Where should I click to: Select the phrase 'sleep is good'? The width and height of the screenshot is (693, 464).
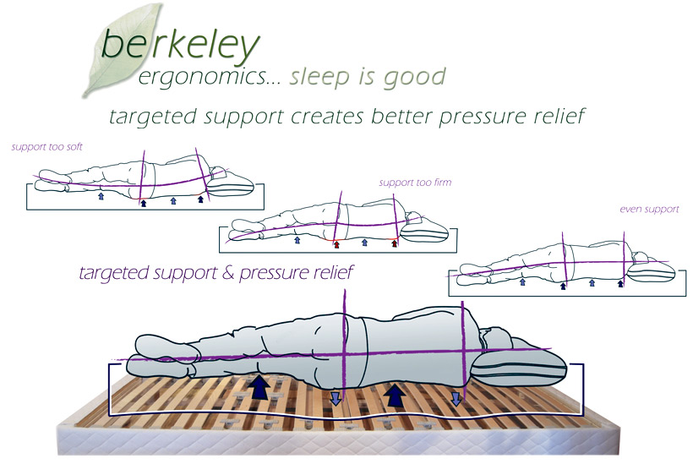[x=367, y=78]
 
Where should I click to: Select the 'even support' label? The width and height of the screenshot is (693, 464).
[x=648, y=209]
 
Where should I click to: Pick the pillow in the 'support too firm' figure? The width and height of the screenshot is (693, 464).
[x=428, y=227]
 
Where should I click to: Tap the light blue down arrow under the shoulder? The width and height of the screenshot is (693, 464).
[x=456, y=397]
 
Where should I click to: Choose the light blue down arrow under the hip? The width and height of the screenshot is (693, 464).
[x=336, y=397]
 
